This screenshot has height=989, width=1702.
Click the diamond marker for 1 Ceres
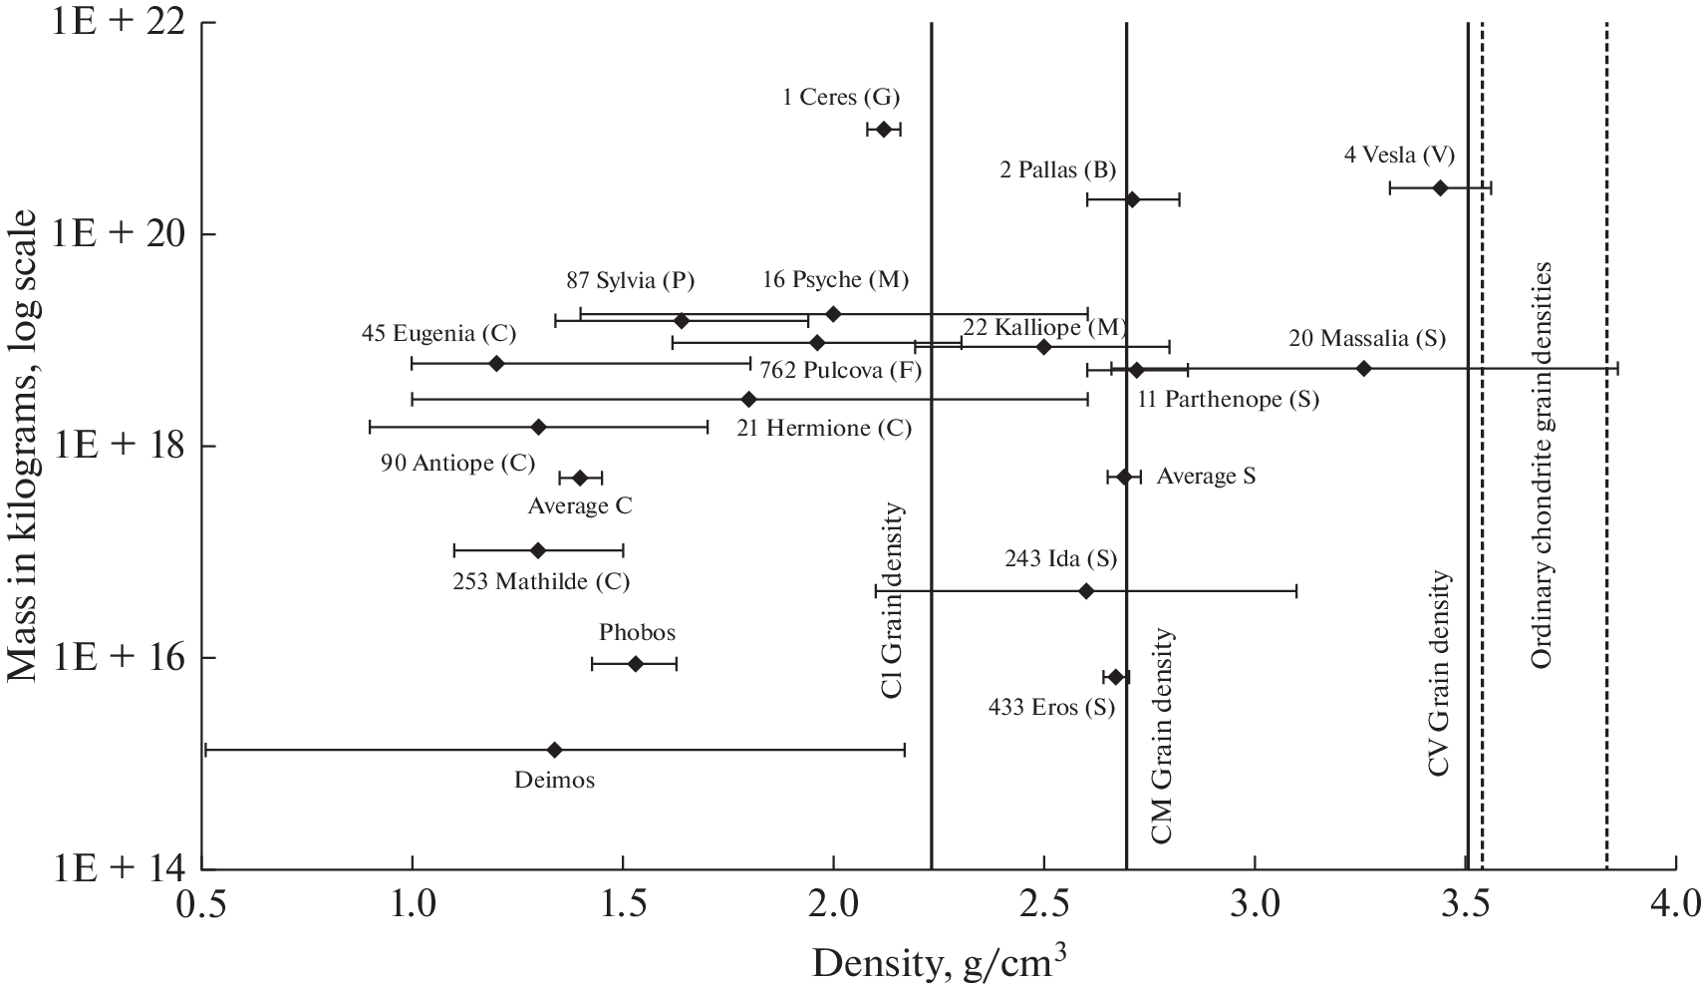[883, 130]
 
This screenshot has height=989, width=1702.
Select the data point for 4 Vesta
[1440, 187]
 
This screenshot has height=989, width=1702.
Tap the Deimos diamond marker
[555, 750]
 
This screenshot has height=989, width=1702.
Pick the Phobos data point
[636, 664]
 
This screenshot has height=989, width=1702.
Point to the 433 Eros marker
[1116, 677]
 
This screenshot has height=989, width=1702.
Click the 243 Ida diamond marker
[1086, 591]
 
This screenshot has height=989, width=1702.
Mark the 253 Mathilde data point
[538, 550]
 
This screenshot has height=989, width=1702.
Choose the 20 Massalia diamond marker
[1364, 369]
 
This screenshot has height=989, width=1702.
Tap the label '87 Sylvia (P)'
[631, 280]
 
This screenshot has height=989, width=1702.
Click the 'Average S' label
[1206, 477]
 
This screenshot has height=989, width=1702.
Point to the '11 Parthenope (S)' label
[1228, 400]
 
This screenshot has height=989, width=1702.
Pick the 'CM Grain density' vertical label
[1162, 737]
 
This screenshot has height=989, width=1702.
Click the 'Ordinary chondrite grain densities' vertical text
[1541, 466]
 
